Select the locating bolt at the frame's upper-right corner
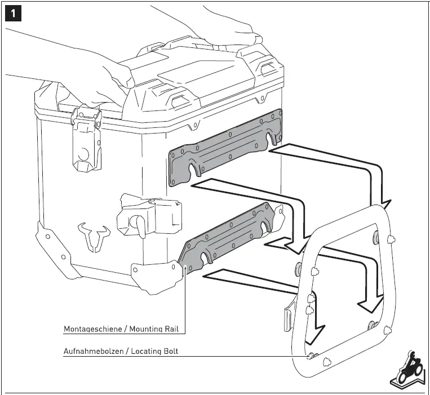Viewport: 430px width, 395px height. pyautogui.click(x=392, y=239)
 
